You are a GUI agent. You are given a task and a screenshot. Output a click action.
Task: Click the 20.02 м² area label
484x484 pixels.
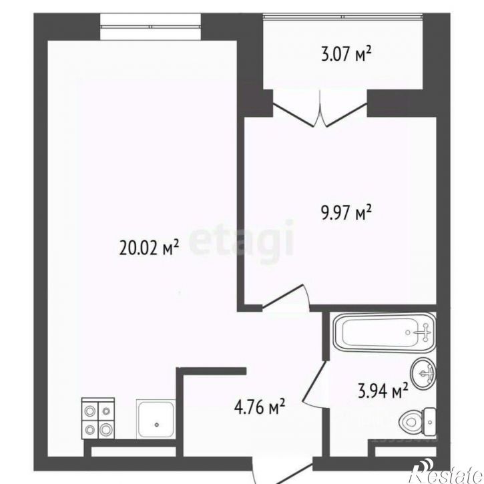pyautogui.click(x=149, y=248)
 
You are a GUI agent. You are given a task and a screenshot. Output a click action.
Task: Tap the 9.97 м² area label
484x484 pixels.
pyautogui.click(x=346, y=212)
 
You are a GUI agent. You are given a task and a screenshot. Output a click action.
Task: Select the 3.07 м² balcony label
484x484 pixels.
pyautogui.click(x=346, y=54)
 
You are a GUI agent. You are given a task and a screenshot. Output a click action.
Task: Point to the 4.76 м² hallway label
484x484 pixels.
pyautogui.click(x=259, y=407)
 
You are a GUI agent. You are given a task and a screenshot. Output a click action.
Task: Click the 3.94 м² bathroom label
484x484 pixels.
pyautogui.click(x=383, y=391)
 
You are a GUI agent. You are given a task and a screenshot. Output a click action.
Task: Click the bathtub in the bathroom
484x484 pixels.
pyautogui.click(x=385, y=332)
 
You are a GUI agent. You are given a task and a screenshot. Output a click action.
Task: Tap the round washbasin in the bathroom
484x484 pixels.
pyautogui.click(x=423, y=373)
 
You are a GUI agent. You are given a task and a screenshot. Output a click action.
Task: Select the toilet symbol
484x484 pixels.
pyautogui.click(x=417, y=421)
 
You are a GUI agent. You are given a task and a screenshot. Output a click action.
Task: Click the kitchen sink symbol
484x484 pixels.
pyautogui.click(x=156, y=419)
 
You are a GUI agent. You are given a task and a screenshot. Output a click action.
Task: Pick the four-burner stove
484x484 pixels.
pyautogui.click(x=98, y=419)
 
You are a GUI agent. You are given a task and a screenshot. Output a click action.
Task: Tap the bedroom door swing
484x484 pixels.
pyautogui.click(x=286, y=296)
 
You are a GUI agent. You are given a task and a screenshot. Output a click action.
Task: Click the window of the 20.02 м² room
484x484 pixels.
pyautogui.click(x=150, y=27)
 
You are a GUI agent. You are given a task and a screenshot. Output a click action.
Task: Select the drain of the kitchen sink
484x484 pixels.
pyautogui.click(x=157, y=425)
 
